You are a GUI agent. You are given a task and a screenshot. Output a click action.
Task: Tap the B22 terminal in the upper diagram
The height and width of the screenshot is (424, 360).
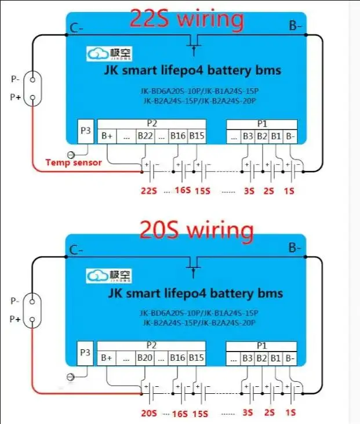point(145,136)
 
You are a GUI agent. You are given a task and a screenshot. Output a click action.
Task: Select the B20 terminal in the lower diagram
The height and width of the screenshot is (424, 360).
point(145,358)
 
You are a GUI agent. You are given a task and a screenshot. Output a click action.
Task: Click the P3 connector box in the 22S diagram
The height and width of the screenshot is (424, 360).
point(85,131)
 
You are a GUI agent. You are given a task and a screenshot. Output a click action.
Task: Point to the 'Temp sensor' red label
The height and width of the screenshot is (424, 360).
point(73,162)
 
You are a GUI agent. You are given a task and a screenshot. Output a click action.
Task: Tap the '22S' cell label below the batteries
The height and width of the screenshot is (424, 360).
point(149,190)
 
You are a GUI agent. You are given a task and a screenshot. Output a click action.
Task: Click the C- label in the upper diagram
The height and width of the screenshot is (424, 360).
point(75,27)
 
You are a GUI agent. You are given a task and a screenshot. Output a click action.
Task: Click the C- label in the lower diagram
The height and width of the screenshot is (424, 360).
point(75,250)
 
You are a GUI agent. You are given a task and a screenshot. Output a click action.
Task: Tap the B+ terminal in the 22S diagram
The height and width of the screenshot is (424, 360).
point(107,136)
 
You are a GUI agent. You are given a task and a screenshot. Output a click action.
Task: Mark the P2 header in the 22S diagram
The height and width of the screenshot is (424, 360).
point(152,124)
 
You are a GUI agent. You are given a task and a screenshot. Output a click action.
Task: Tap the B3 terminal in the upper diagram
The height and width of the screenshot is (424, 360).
point(248,136)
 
